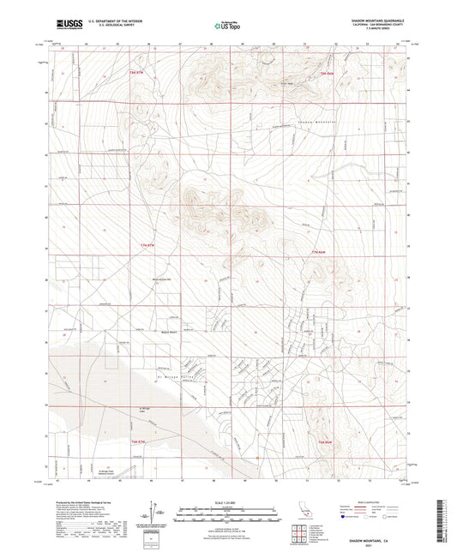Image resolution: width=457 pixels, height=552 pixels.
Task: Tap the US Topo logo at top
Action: pyautogui.click(x=225, y=26)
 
